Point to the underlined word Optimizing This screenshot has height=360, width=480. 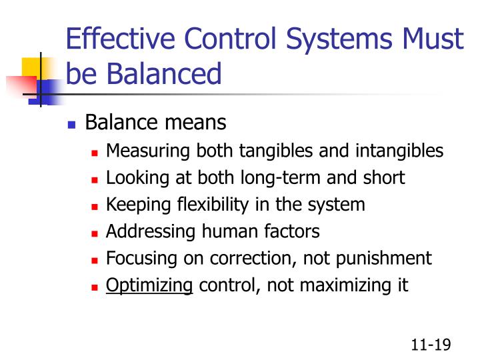point(149,286)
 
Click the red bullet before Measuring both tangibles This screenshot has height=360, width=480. point(95,153)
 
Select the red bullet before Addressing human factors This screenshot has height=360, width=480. point(95,233)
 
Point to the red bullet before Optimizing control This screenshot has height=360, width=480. point(95,287)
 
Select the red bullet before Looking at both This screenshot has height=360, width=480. point(95,179)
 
